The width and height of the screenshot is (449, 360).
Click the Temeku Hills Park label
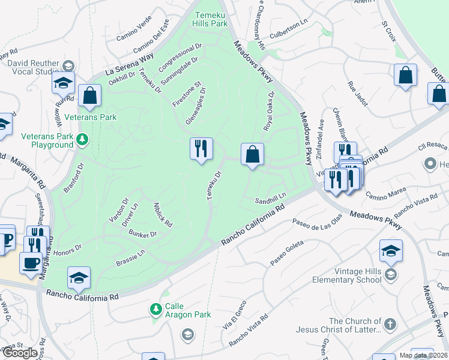click(x=210, y=19)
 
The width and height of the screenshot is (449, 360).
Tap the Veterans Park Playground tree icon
click(x=82, y=140)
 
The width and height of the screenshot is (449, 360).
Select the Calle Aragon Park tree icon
click(x=156, y=309)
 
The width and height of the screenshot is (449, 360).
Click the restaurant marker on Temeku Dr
click(x=201, y=148)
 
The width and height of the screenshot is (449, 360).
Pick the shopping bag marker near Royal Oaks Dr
click(x=253, y=154)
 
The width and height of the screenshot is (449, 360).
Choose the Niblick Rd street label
click(x=163, y=214)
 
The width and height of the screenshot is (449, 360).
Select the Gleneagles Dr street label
click(x=196, y=107)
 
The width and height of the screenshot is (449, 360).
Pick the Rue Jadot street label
click(x=358, y=92)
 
